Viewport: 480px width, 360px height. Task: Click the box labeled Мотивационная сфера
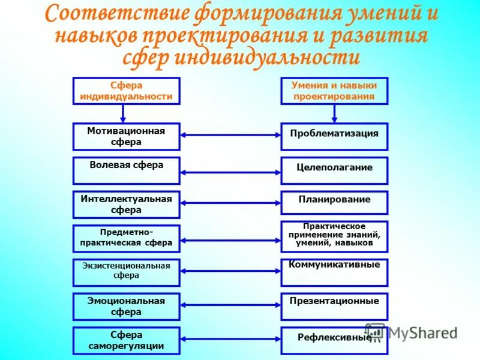[x=126, y=136]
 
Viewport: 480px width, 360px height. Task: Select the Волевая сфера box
[x=126, y=170]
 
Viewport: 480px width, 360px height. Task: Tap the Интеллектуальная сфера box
[x=126, y=204]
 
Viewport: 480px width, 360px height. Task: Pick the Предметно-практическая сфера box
[x=126, y=238]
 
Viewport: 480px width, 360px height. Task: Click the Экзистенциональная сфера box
[x=126, y=272]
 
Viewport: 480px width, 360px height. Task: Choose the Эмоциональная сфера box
[x=126, y=306]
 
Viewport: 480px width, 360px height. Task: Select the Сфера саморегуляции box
[x=126, y=340]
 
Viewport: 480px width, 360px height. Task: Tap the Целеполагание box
[x=334, y=170]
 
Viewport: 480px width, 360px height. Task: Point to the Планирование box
[x=334, y=202]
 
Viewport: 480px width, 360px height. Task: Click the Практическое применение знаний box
[x=334, y=236]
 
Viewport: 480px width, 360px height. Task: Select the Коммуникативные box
[x=334, y=272]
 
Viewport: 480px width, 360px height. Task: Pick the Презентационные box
[x=334, y=306]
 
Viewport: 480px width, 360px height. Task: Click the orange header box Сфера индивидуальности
[x=126, y=91]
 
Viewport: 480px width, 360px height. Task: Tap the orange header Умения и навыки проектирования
[x=334, y=91]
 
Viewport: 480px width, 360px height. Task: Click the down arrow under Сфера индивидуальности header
[x=123, y=113]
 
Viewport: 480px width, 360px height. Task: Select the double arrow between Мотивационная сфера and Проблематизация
[x=230, y=135]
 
